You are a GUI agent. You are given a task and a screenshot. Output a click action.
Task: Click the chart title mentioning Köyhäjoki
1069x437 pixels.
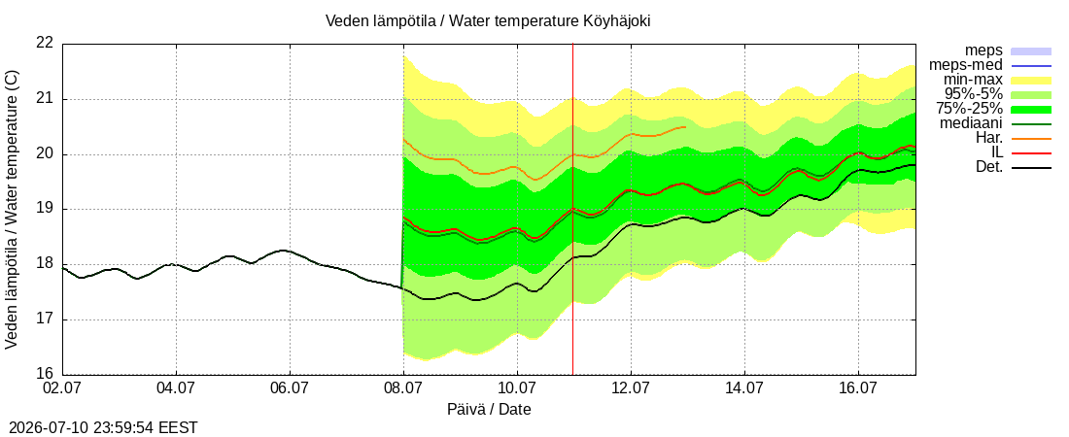point(488,21)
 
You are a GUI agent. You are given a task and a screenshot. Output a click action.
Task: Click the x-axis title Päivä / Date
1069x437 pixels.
point(489,410)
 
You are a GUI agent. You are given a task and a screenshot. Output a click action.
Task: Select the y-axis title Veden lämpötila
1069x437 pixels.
point(12,210)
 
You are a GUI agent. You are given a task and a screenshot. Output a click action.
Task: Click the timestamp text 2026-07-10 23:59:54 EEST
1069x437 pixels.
point(99,428)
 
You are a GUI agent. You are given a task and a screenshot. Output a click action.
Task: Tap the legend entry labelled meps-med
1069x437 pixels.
point(965,65)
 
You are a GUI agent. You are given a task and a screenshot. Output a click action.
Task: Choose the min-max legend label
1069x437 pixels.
point(974,81)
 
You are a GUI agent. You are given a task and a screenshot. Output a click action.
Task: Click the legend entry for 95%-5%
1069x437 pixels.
point(974,95)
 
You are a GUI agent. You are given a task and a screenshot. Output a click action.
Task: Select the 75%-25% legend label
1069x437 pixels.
point(969,109)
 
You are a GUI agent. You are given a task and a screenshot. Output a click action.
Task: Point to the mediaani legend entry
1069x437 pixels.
point(971,124)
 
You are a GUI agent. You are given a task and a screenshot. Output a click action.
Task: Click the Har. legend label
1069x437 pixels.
point(988,139)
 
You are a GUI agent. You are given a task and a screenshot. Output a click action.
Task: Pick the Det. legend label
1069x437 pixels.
point(989,167)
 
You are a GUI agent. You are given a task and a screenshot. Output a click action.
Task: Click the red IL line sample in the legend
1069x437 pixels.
point(1031,153)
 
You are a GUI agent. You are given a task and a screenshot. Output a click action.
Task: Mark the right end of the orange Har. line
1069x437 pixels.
point(686,127)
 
